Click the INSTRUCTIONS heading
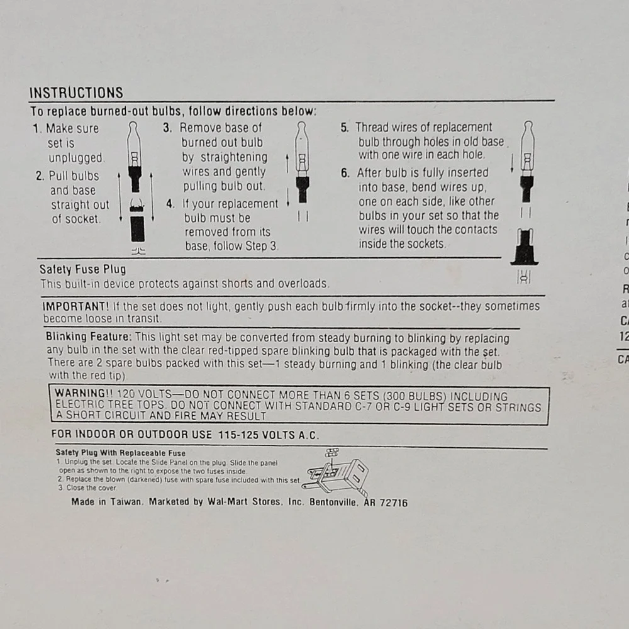[x=76, y=92]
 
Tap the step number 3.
[x=167, y=128]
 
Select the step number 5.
[x=345, y=128]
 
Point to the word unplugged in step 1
[x=76, y=158]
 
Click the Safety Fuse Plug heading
[x=82, y=269]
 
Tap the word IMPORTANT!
[x=75, y=306]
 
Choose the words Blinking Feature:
[x=89, y=337]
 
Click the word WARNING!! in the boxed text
[x=84, y=393]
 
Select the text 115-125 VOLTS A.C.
[x=269, y=435]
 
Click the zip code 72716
[x=394, y=503]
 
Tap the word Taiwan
[x=126, y=502]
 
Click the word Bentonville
[x=333, y=502]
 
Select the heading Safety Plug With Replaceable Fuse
[x=120, y=454]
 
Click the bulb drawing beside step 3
[x=302, y=162]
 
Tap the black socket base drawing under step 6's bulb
[x=525, y=247]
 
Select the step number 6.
[x=345, y=173]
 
